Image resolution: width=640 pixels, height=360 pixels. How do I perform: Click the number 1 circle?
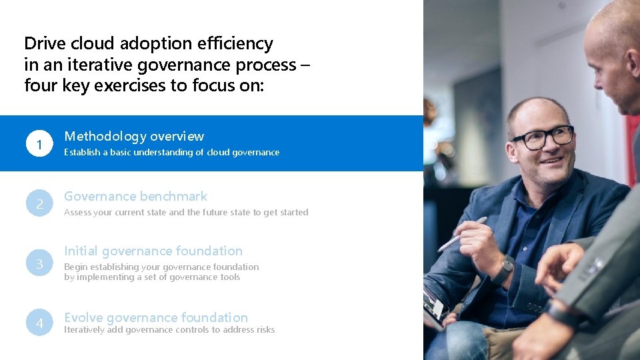[x=39, y=144]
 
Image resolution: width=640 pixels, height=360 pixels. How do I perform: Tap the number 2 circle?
[x=39, y=204]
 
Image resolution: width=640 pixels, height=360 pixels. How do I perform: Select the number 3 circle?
[x=39, y=264]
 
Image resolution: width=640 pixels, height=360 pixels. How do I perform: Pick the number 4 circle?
[x=39, y=323]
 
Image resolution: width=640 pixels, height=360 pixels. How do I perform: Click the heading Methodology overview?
[x=134, y=136]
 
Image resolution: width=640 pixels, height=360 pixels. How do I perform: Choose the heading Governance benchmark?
[x=135, y=196]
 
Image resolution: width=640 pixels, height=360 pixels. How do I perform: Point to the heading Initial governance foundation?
[x=153, y=251]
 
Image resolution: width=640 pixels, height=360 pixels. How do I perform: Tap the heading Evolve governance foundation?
[x=156, y=317]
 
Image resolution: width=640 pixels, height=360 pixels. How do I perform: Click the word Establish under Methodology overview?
[x=81, y=153]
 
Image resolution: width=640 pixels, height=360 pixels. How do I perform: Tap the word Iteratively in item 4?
[x=84, y=329]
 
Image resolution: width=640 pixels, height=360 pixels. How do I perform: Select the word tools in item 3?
[x=229, y=277]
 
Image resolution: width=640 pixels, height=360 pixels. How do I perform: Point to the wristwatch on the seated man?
[x=504, y=269]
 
